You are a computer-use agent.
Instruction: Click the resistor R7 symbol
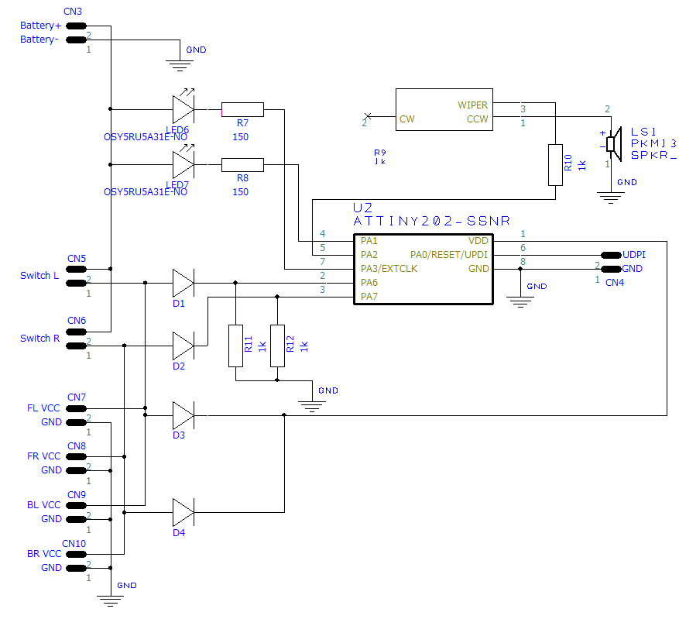point(242,109)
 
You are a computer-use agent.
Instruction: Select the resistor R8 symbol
point(242,165)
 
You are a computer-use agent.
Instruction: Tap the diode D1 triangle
point(183,283)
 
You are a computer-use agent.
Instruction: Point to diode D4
point(183,512)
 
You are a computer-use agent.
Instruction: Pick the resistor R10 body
point(556,165)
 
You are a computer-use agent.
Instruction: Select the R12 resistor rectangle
point(278,346)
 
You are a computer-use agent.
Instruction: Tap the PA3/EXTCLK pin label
point(389,269)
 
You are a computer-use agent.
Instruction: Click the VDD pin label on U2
point(478,241)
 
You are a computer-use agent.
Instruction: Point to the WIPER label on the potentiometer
point(472,105)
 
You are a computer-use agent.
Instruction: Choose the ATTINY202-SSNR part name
point(432,222)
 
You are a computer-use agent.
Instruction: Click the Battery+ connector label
point(41,26)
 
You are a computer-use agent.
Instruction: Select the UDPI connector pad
point(612,255)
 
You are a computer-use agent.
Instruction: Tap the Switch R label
point(39,339)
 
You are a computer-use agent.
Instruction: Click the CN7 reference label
point(77,397)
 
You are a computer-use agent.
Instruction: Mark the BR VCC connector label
point(44,554)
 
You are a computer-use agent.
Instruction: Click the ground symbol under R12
point(312,406)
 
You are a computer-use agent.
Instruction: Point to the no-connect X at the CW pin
point(368,116)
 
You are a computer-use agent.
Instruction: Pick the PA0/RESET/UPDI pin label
point(449,255)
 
